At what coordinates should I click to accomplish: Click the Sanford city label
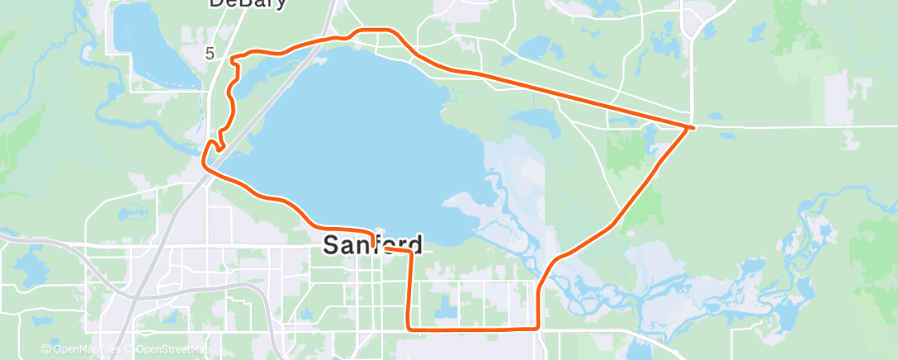coord(372,244)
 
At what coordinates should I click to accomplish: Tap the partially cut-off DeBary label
coord(247,3)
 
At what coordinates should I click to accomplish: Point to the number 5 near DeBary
coord(210,54)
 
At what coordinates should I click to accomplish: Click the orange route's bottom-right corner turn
coord(538,328)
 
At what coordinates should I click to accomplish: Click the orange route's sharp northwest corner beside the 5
coord(231,58)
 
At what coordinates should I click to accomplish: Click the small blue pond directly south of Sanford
coord(447,308)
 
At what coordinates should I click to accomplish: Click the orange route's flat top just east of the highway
coord(376,31)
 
